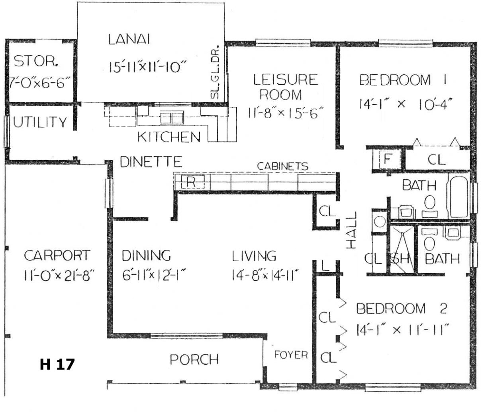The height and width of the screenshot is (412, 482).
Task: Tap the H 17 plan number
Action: [x=57, y=364]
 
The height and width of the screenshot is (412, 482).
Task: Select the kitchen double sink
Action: [x=172, y=118]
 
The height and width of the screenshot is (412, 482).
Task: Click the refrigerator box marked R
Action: [x=193, y=182]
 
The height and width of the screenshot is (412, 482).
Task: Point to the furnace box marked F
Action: [x=387, y=159]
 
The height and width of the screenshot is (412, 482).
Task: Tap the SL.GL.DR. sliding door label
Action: [x=215, y=72]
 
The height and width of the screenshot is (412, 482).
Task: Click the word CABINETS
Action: [x=282, y=166]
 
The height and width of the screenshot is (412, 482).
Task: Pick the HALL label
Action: [x=352, y=230]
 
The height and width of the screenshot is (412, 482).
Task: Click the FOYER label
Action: [x=291, y=355]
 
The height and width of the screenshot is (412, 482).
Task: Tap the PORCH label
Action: [x=194, y=360]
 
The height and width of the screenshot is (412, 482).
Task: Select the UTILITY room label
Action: [x=40, y=122]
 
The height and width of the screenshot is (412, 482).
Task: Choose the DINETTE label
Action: [x=151, y=162]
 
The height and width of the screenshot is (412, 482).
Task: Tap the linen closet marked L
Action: [x=325, y=266]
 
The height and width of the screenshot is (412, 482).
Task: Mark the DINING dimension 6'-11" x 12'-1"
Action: [x=154, y=275]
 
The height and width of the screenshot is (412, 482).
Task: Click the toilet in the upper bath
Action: [x=429, y=206]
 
